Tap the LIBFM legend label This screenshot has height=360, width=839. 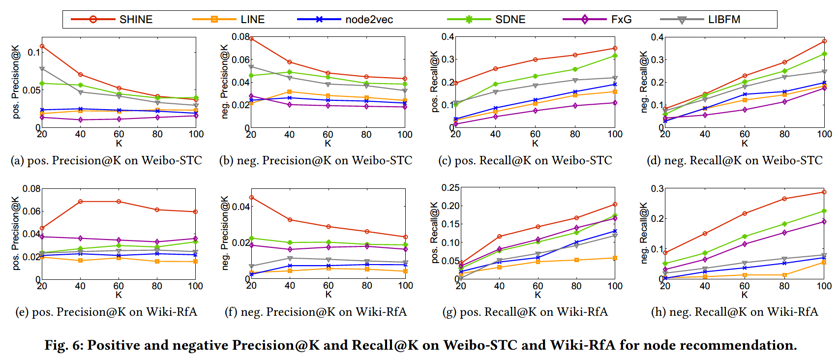click(x=724, y=20)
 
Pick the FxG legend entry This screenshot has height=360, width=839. click(x=621, y=20)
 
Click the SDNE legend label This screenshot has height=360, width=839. click(x=510, y=20)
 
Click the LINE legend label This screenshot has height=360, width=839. click(x=252, y=20)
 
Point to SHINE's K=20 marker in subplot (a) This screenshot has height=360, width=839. click(x=42, y=46)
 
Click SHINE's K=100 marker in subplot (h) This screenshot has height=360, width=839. click(x=824, y=192)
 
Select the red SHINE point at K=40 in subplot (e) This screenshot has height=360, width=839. click(x=80, y=202)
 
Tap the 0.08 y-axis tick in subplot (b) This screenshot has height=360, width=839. click(x=240, y=37)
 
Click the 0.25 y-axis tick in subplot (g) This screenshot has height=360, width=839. click(x=450, y=188)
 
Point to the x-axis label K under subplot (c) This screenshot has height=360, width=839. click(x=535, y=144)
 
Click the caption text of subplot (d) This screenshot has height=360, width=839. click(x=734, y=160)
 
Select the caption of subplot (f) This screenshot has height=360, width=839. click(x=316, y=312)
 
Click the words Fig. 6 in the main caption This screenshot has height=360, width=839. click(x=63, y=345)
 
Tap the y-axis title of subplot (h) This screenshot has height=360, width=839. click(x=644, y=233)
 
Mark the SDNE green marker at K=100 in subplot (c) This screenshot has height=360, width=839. click(x=615, y=56)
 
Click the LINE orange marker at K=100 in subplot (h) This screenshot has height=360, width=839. click(x=824, y=263)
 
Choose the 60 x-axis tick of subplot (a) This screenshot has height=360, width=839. click(x=119, y=134)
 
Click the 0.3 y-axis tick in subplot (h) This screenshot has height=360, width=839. click(x=658, y=189)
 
